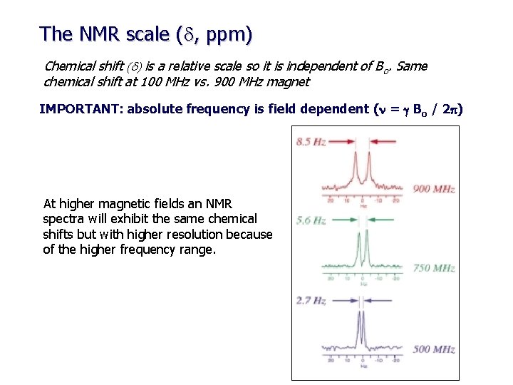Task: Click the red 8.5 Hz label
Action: coord(311,142)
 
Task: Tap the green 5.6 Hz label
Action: coord(311,221)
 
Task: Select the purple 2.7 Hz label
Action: coord(311,301)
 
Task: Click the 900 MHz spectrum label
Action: coord(434,189)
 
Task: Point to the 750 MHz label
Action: coord(434,268)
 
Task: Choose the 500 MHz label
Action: coord(434,349)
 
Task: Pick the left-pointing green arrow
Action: coord(385,221)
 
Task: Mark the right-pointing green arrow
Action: coord(345,221)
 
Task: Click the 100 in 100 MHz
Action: coord(139,82)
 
